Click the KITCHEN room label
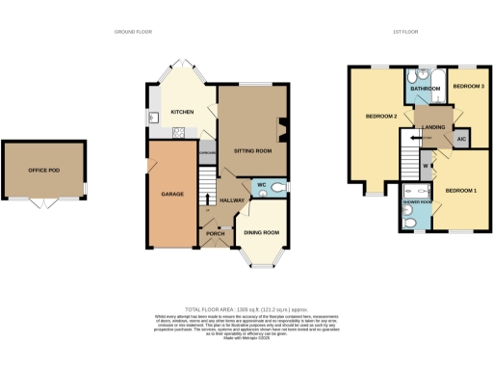182,112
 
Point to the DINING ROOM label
261,232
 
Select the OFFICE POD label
44,172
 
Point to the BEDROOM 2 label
381,117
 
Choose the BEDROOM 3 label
468,87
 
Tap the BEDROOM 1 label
461,191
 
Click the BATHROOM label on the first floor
425,89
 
